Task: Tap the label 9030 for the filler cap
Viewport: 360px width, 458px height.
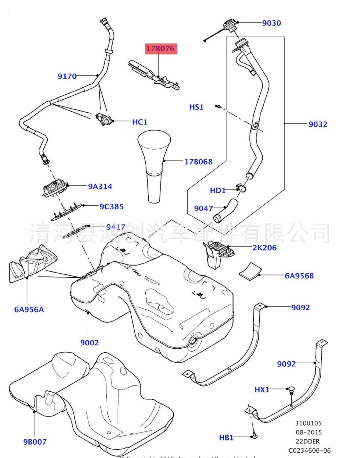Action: tap(271, 23)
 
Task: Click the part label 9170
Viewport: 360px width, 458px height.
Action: tap(67, 76)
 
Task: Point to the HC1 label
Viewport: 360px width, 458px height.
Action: tap(140, 122)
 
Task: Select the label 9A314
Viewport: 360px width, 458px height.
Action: tap(100, 186)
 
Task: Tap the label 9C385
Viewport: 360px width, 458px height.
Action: tap(111, 206)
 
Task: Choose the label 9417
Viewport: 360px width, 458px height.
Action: tap(116, 227)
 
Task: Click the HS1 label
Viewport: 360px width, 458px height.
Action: tap(196, 107)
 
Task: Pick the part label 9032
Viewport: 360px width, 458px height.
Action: tap(318, 124)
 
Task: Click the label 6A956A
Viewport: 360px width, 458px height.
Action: tap(29, 309)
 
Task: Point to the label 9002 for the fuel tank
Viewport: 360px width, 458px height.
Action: tap(89, 343)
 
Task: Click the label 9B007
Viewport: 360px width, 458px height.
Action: tap(35, 442)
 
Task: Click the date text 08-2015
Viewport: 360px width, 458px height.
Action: tap(309, 432)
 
